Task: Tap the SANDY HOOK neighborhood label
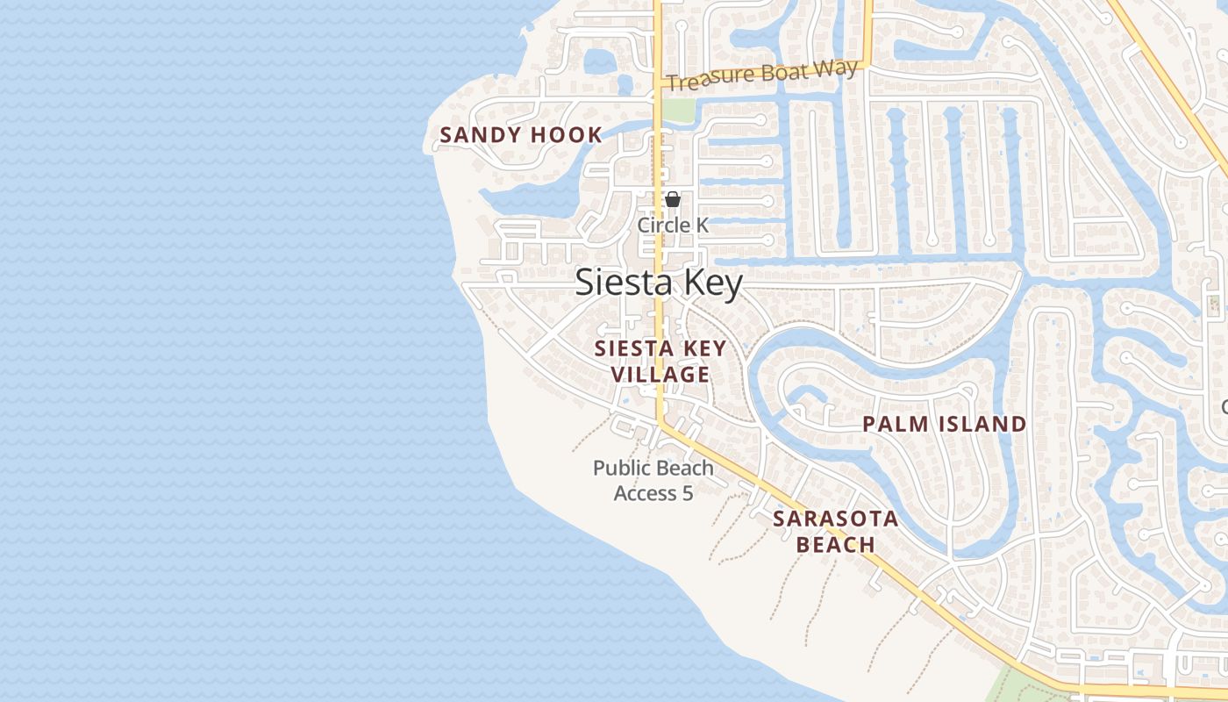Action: tap(521, 135)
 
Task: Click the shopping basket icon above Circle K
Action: tap(673, 200)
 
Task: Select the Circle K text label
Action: tap(673, 226)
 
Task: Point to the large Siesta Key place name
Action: tap(659, 283)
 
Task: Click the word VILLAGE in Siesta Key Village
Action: tap(660, 375)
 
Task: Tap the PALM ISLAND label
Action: tap(944, 425)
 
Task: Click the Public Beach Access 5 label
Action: tap(653, 481)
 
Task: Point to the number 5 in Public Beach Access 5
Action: tap(688, 494)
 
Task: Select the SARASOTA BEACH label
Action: tap(835, 532)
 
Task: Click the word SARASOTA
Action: tap(835, 519)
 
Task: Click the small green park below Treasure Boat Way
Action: tap(677, 110)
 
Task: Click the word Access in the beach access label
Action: tap(646, 494)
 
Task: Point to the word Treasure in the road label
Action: tap(706, 81)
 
